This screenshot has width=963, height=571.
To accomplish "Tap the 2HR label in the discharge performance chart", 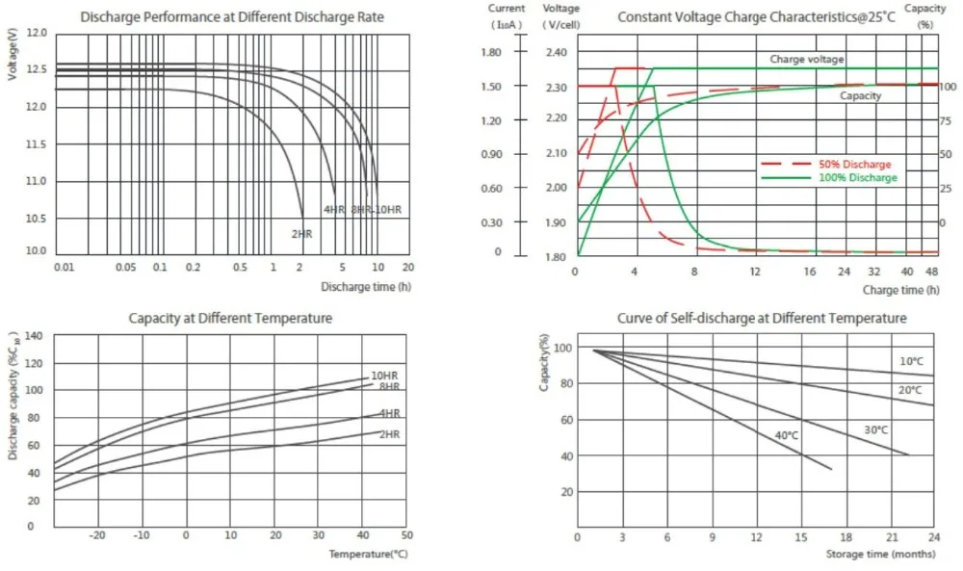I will point(301,233).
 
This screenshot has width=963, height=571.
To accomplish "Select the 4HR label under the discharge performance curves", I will point(333,210).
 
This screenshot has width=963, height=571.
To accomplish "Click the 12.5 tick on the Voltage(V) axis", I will point(36,70).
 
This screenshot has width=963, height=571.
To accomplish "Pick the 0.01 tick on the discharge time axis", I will point(63,267).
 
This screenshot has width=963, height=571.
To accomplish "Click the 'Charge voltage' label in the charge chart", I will point(807,60).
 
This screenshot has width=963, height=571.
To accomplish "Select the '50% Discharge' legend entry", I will point(851,165).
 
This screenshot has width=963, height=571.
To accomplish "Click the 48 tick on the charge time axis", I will point(931,273).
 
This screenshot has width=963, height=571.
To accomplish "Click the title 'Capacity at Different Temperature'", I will point(231,318).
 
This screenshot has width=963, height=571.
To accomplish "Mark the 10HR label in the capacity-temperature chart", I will point(384,375).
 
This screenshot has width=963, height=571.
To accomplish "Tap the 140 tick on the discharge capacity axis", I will point(35,335).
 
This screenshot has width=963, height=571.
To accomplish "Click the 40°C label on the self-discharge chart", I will point(788,435).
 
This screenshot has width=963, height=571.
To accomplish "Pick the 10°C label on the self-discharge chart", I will point(910,361).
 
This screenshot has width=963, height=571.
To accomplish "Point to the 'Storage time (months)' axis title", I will point(880,555).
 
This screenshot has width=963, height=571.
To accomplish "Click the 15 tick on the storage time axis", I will point(799,536).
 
